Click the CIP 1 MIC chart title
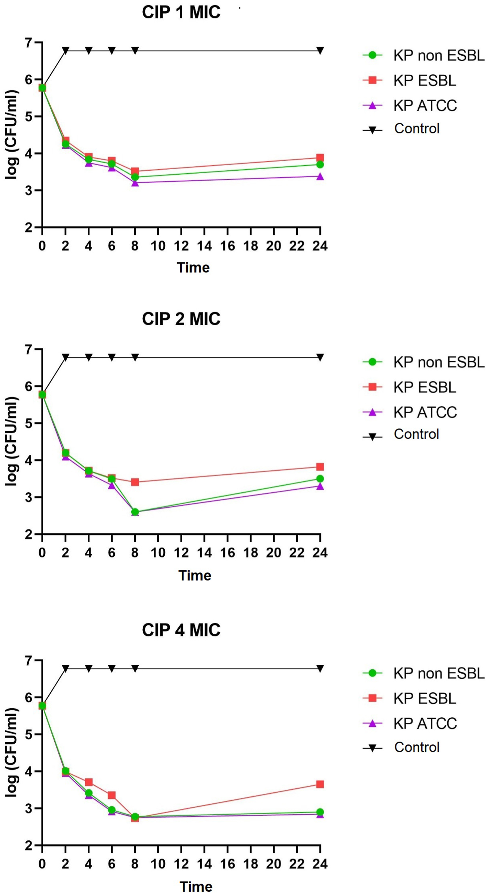[x=181, y=12]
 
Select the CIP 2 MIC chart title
[x=181, y=319]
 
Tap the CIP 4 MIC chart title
[x=181, y=630]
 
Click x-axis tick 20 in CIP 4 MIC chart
[x=274, y=864]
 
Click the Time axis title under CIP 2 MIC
[x=194, y=575]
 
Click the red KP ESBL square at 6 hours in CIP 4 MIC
[x=111, y=795]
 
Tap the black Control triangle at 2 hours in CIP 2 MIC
[x=65, y=357]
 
